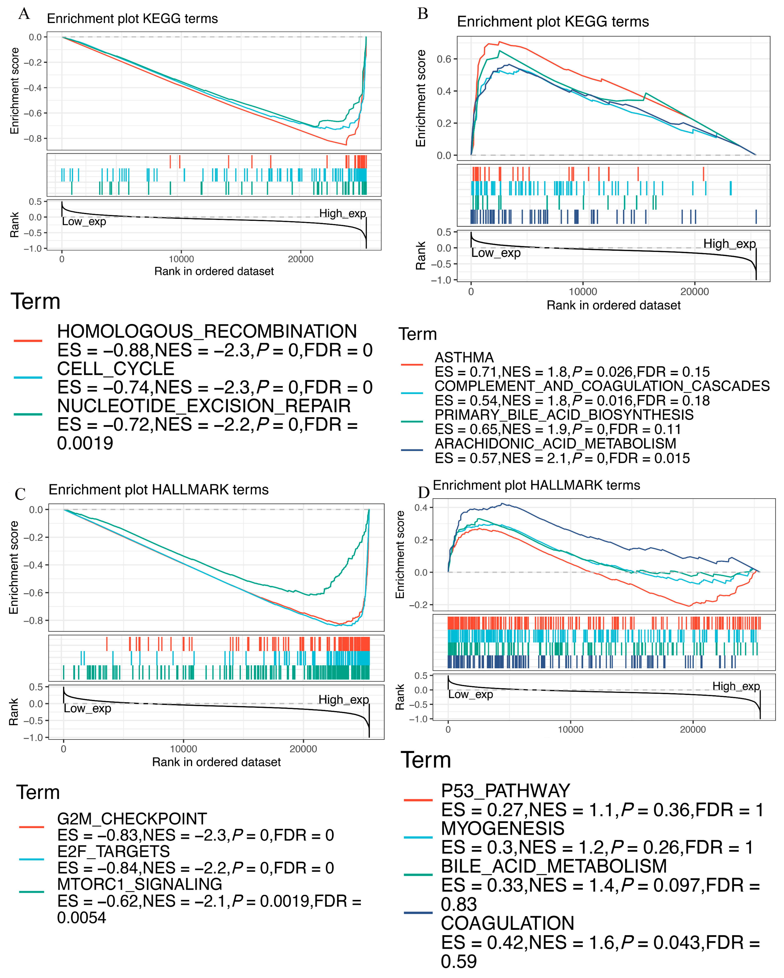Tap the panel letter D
[423, 492]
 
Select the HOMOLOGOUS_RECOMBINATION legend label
[207, 332]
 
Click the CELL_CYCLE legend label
[116, 369]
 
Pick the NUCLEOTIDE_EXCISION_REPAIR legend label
[203, 406]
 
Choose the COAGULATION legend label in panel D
[507, 923]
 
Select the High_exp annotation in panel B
[729, 244]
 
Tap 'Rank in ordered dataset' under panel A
[214, 271]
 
